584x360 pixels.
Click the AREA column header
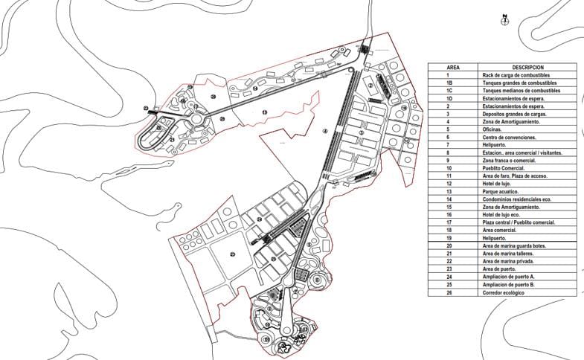[x=448, y=67]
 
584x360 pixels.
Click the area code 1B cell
[x=448, y=83]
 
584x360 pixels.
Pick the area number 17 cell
[x=448, y=222]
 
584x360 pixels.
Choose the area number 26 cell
[x=448, y=292]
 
